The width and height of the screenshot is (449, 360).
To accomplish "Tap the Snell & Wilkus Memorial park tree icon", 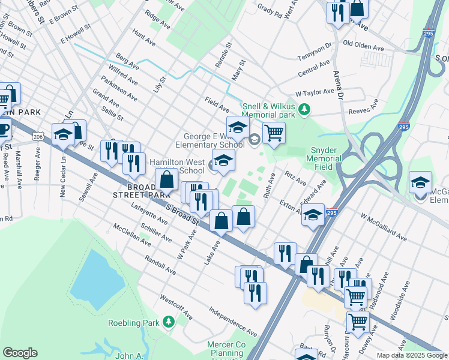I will (x=305, y=109).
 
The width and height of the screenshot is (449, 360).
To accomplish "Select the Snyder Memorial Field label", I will (x=324, y=155).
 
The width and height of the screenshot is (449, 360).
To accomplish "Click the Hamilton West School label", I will (x=177, y=166).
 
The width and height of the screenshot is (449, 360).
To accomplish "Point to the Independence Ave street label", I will (x=233, y=322).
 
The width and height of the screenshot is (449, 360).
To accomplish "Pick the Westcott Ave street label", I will (x=176, y=307).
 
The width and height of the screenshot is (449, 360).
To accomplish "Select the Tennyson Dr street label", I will (x=315, y=52).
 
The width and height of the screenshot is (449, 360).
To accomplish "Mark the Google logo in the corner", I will (x=20, y=353).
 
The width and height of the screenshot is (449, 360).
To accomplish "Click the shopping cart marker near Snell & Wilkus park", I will (x=274, y=133).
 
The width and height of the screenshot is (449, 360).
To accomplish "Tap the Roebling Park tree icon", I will (x=169, y=323).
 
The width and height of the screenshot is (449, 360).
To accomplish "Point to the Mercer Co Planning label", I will (x=226, y=349).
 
